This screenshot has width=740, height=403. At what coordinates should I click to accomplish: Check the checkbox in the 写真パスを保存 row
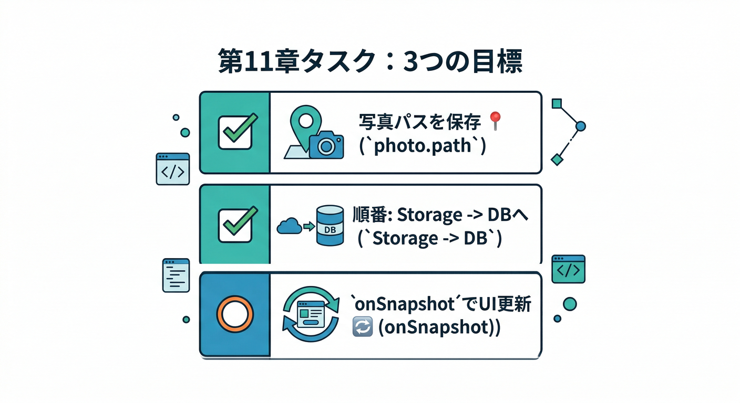click(235, 132)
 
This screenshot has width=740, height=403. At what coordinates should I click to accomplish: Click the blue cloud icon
click(289, 227)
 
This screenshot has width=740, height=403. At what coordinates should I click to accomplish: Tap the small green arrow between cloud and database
click(309, 227)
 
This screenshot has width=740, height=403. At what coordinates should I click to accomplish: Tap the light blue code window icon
click(172, 169)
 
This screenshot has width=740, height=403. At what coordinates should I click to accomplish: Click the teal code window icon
click(568, 269)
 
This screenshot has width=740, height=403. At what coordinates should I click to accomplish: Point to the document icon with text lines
click(176, 275)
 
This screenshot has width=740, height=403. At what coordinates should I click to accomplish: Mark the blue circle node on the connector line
click(580, 126)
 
